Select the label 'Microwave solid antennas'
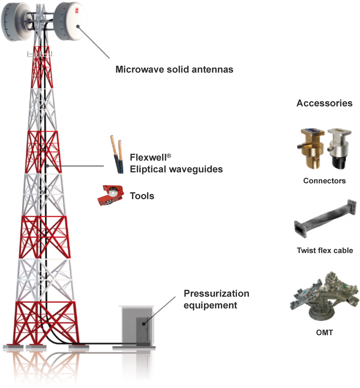pyautogui.click(x=174, y=69)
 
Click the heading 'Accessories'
pyautogui.click(x=324, y=103)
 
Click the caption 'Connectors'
pyautogui.click(x=324, y=181)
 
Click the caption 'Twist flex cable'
pyautogui.click(x=325, y=250)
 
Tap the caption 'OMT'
pyautogui.click(x=324, y=333)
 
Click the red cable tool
pyautogui.click(x=112, y=195)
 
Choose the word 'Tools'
pyautogui.click(x=142, y=196)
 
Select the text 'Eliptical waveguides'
pyautogui.click(x=176, y=169)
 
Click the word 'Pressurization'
pyautogui.click(x=216, y=294)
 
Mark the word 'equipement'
pyautogui.click(x=210, y=305)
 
